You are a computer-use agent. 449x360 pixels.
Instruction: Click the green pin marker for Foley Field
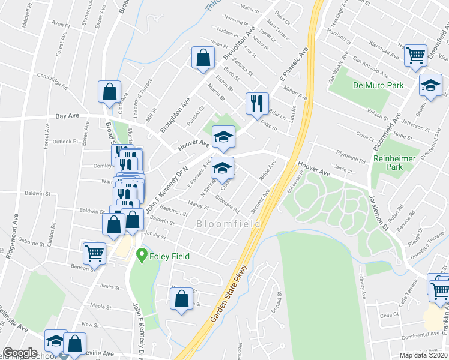pos(142,256)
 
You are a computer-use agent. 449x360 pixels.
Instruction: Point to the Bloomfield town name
pos(229,224)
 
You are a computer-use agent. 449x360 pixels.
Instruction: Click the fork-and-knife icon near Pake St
pos(257,103)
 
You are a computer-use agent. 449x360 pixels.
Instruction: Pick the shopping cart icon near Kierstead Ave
pos(415,56)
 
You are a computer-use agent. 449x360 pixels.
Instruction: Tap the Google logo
pos(20,353)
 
